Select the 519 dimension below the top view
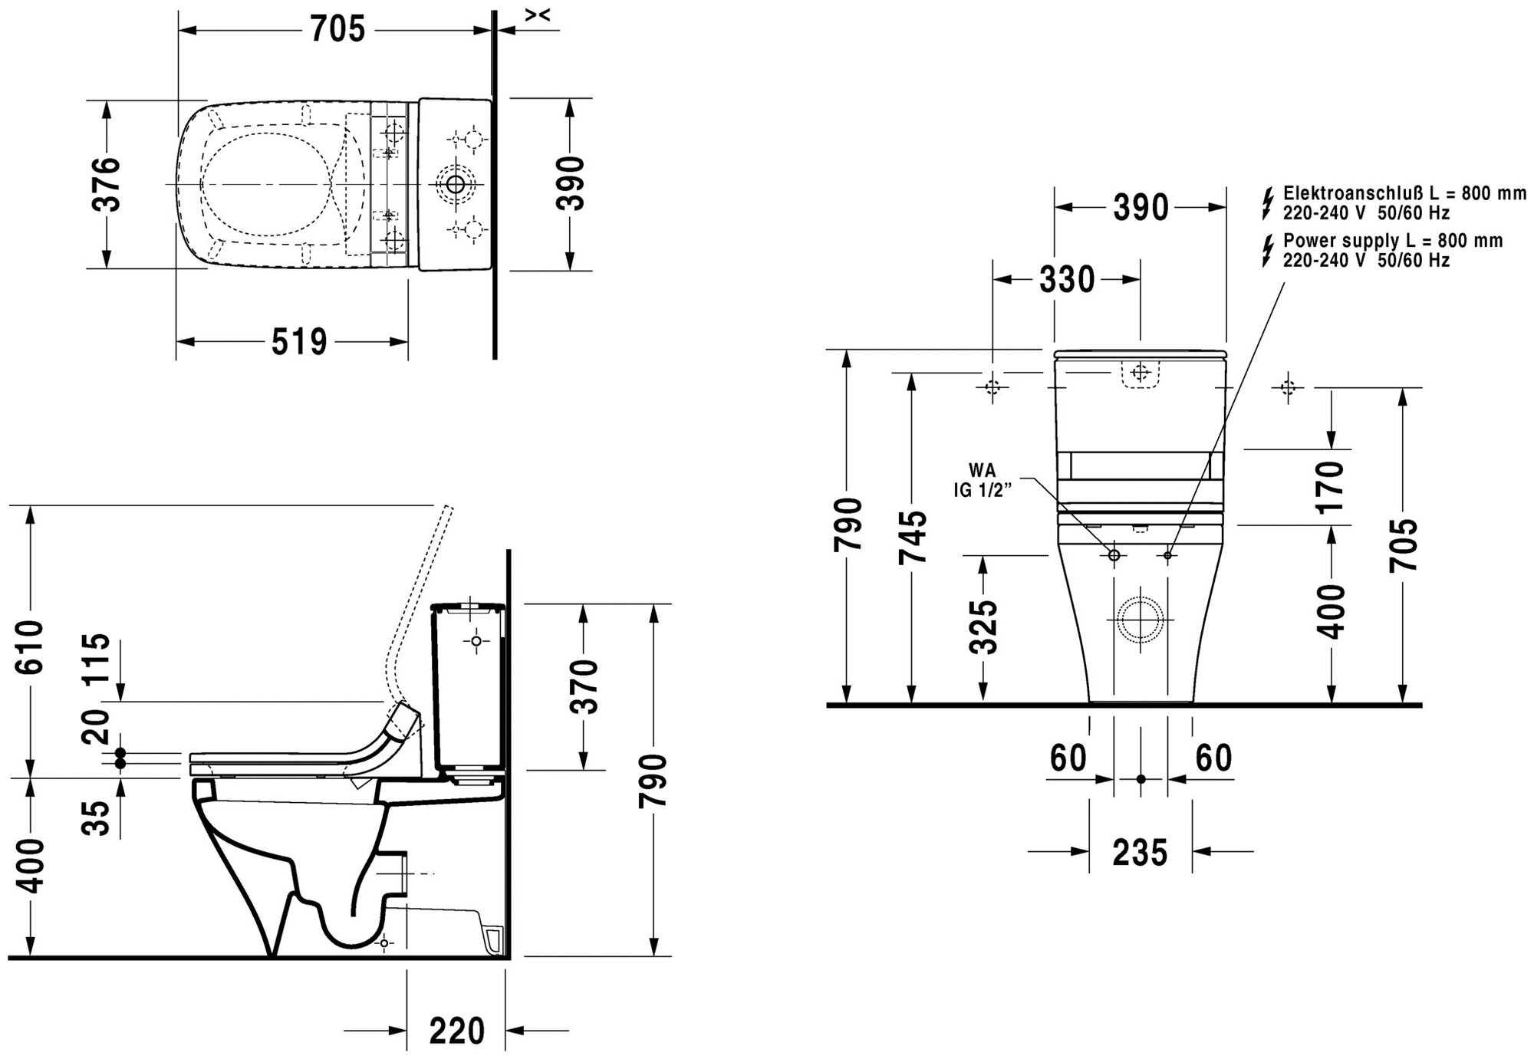point(299,342)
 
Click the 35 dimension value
point(98,816)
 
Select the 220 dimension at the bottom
point(456,1030)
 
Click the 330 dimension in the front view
point(1067,281)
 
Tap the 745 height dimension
point(913,537)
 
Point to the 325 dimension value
point(983,627)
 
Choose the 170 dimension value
point(1333,486)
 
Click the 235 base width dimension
point(1140,852)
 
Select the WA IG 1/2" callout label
point(983,481)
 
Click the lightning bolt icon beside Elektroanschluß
point(1267,202)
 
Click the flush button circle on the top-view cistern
point(456,184)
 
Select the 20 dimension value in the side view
point(97,726)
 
